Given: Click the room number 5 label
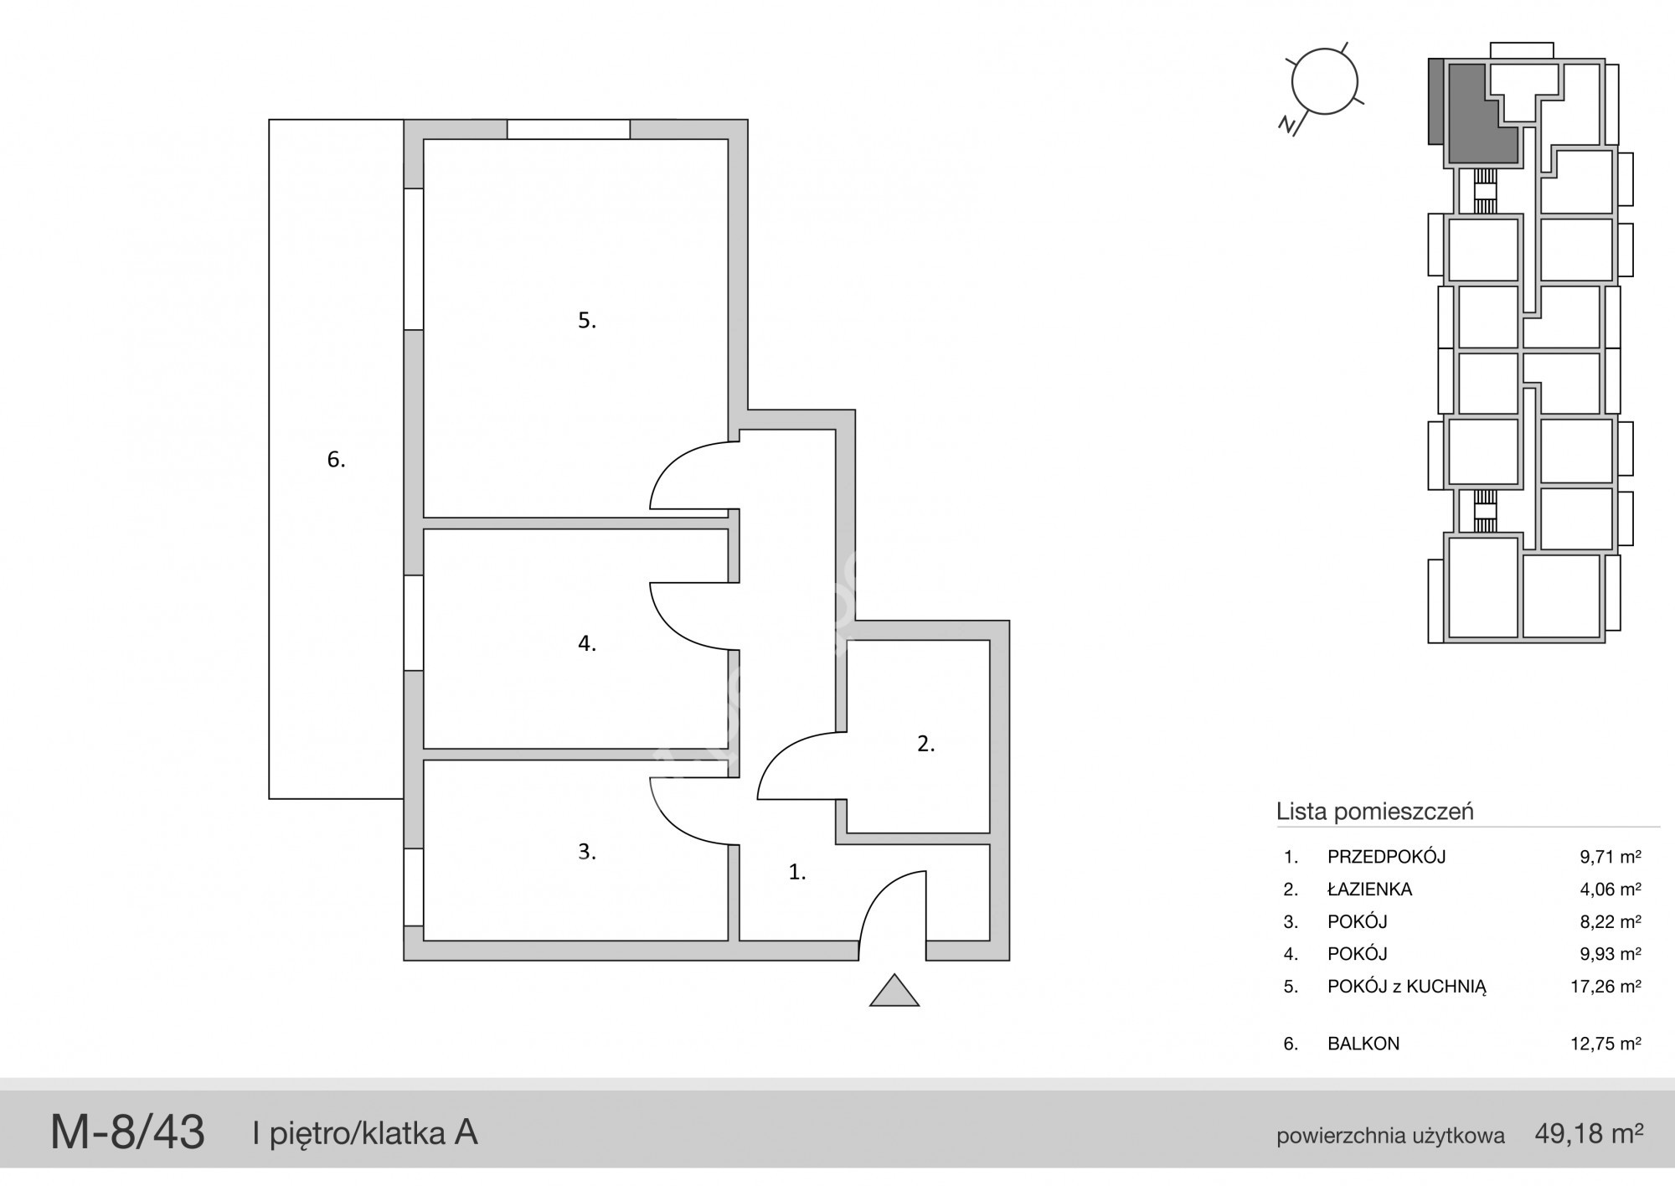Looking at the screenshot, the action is pos(587,320).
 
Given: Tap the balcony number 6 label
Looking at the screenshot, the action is pos(336,459).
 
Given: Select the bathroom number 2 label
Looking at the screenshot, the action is pos(925,743).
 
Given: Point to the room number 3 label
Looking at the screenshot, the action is pos(587,851).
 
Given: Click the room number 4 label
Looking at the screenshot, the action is pos(587,643).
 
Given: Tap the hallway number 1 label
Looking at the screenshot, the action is pos(797,872).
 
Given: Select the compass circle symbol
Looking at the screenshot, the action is pos(1324,81).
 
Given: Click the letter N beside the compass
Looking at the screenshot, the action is pos(1288,125).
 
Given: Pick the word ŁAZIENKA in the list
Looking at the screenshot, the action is pos(1369,889).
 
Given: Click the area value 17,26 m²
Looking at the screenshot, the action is pos(1605,987).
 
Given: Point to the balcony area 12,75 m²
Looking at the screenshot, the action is pos(1605,1044).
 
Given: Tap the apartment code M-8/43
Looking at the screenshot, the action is pos(127,1132).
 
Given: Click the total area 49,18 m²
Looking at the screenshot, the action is pos(1589,1133).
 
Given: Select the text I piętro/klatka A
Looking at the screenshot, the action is pos(365,1133).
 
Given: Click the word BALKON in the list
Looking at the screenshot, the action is pos(1363,1044).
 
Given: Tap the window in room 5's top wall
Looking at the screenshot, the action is pos(569,129).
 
